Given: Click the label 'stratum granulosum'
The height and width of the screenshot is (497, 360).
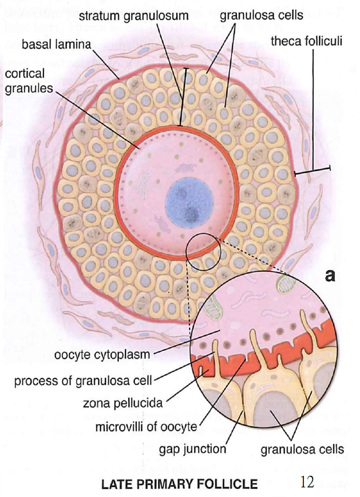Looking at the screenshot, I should click(x=133, y=15).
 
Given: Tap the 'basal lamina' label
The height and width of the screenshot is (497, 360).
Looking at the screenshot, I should click(x=57, y=46).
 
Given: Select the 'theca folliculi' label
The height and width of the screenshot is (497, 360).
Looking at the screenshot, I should click(x=306, y=42).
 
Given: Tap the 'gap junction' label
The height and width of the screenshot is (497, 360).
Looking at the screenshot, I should click(x=193, y=448).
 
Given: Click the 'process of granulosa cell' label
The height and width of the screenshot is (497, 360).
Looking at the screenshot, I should click(x=83, y=382).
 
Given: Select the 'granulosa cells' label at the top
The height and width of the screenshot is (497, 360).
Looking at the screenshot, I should click(x=261, y=15).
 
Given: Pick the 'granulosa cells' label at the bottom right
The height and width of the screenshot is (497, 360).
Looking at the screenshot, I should click(x=302, y=448).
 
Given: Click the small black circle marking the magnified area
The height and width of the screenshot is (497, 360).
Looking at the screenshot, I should click(x=204, y=252).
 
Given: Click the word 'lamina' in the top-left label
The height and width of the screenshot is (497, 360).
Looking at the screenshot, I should click(x=76, y=46).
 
